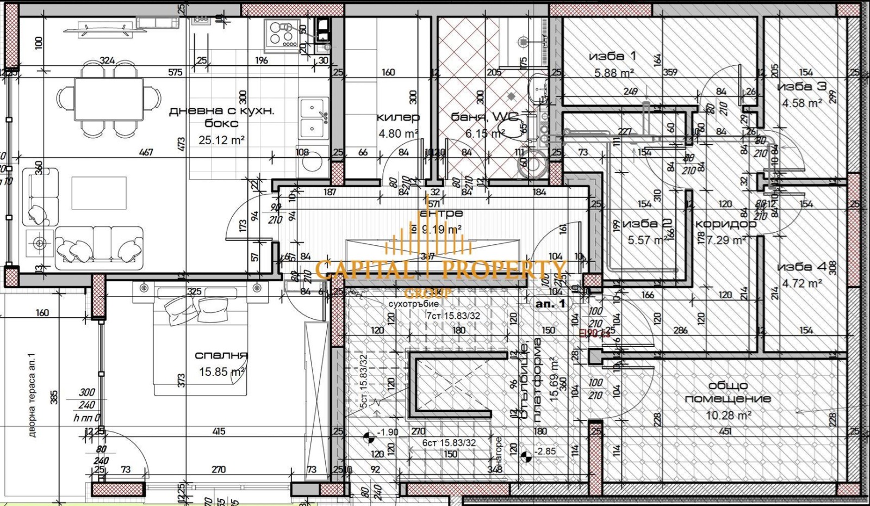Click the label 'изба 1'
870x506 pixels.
pos(612,56)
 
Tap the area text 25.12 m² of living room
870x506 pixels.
pos(221,140)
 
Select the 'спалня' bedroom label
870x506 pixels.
pos(221,355)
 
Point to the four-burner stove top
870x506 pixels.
pos(282,32)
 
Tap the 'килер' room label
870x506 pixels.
pos(398,117)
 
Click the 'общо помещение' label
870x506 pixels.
pos(728,392)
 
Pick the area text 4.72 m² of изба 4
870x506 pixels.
pos(802,283)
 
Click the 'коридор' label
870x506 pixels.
pos(725,224)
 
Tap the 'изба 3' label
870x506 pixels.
pos(801,87)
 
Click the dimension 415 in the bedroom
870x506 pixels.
pos(219,431)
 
